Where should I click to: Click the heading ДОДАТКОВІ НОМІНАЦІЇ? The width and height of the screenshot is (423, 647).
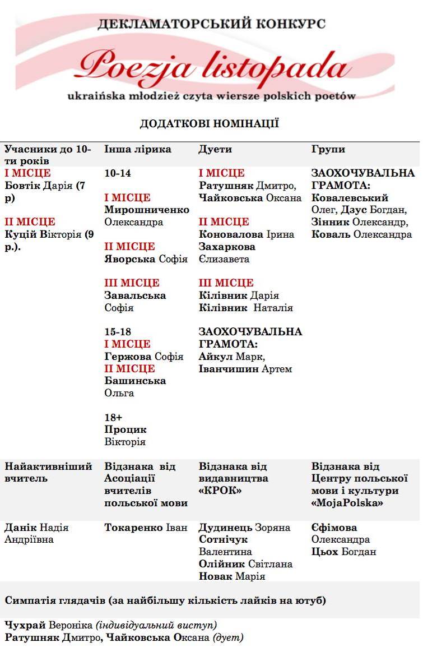click(210, 124)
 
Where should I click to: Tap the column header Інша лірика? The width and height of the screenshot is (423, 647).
click(138, 149)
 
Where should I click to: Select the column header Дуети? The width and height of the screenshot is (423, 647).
click(215, 149)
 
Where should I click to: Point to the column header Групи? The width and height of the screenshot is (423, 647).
click(328, 149)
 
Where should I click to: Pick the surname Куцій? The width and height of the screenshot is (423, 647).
click(21, 234)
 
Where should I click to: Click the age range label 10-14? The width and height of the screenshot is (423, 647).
click(118, 173)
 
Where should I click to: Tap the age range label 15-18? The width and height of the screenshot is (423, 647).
click(118, 332)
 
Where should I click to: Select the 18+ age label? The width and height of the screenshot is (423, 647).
click(113, 417)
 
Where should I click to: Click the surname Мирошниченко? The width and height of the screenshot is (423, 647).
click(147, 210)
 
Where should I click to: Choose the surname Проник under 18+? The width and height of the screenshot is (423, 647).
click(125, 429)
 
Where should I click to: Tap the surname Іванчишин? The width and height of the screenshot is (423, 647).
click(229, 369)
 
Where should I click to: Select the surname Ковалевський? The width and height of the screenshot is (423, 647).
click(350, 198)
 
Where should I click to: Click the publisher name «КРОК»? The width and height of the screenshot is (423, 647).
click(218, 491)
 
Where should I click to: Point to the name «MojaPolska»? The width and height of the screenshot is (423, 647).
click(347, 503)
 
